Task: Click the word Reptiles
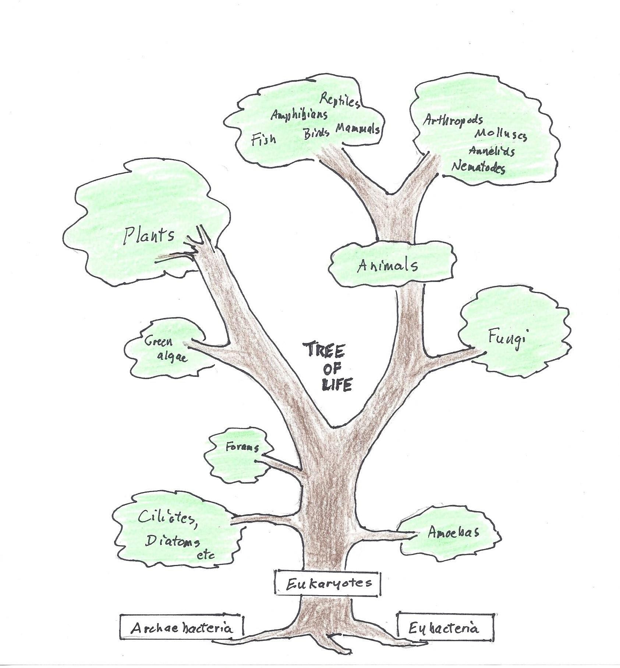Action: click(340, 100)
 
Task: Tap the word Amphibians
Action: click(299, 115)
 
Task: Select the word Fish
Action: click(263, 139)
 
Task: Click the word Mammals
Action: click(357, 129)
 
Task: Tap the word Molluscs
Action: click(500, 135)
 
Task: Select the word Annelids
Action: click(491, 151)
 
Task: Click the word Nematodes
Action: click(478, 167)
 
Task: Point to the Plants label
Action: click(149, 235)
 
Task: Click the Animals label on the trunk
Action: click(387, 265)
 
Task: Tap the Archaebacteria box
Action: click(182, 628)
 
